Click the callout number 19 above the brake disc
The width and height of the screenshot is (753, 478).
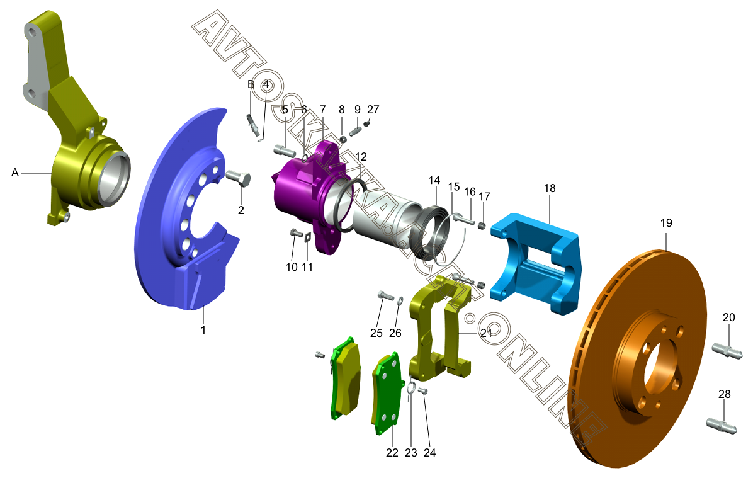click(x=666, y=223)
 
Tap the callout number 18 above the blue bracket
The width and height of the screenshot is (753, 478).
click(x=550, y=188)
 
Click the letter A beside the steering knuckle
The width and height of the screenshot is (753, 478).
click(x=15, y=173)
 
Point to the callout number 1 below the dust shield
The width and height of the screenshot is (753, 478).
click(x=203, y=330)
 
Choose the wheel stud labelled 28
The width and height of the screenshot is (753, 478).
click(x=722, y=424)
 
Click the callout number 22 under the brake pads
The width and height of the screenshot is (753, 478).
click(x=392, y=453)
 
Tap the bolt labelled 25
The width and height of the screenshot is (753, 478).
click(x=386, y=295)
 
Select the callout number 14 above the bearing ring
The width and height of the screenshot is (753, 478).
click(x=434, y=180)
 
